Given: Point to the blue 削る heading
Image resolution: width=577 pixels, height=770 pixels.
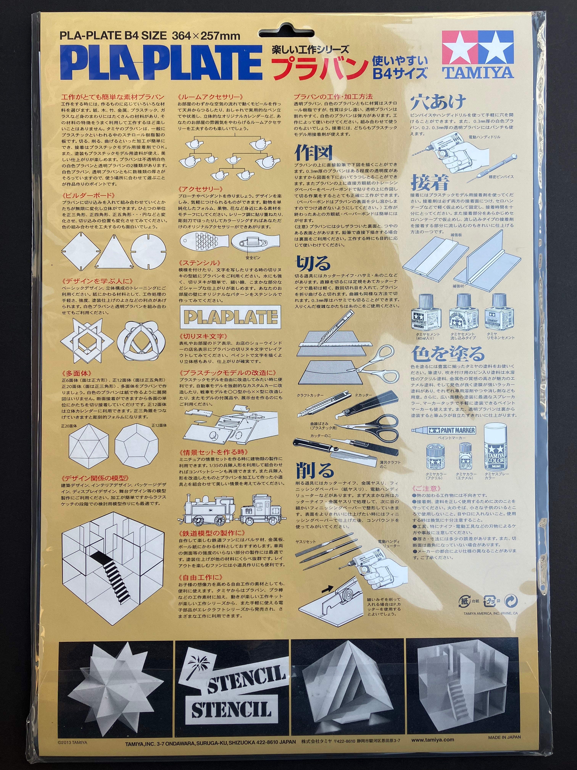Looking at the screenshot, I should point(315,470).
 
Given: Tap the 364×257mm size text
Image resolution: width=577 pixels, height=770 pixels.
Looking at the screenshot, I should point(206,36).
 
